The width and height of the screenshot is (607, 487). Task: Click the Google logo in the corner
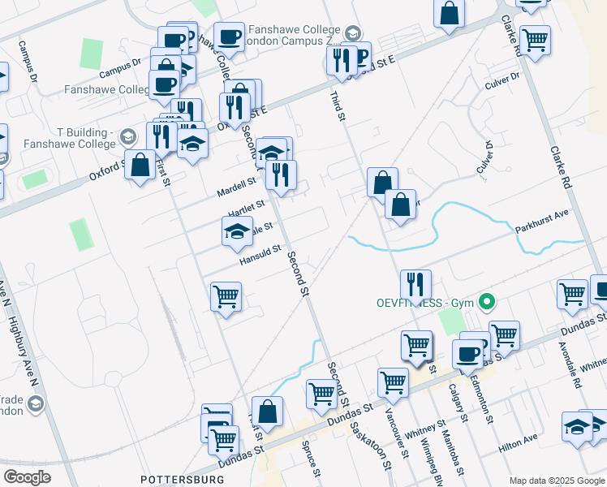tap(27, 477)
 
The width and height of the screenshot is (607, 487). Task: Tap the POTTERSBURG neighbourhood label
tap(182, 480)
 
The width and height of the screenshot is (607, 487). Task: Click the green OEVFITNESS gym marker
tap(487, 303)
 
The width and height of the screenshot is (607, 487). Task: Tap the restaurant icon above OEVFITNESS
tap(415, 285)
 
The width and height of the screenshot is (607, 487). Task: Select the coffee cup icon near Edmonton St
tap(467, 354)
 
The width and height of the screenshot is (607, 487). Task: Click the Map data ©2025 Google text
tap(556, 480)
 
